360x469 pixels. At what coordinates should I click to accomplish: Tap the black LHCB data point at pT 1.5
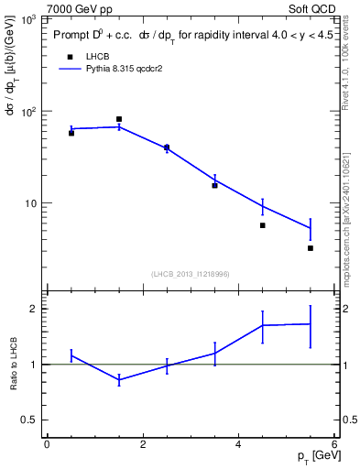(119, 119)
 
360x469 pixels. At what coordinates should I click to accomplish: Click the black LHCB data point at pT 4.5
(263, 225)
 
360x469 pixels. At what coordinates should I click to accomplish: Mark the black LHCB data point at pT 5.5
(311, 248)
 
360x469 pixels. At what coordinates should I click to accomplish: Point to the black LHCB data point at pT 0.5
(71, 133)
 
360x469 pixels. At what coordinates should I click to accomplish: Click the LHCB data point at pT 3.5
(215, 185)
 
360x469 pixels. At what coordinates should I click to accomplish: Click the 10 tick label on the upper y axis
(32, 203)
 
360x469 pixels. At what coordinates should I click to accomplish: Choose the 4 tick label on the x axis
(239, 445)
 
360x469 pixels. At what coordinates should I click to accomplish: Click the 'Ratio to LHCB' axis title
(13, 365)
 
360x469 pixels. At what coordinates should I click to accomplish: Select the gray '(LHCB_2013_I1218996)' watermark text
(190, 274)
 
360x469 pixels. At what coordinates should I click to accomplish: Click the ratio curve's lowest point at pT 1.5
(119, 379)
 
